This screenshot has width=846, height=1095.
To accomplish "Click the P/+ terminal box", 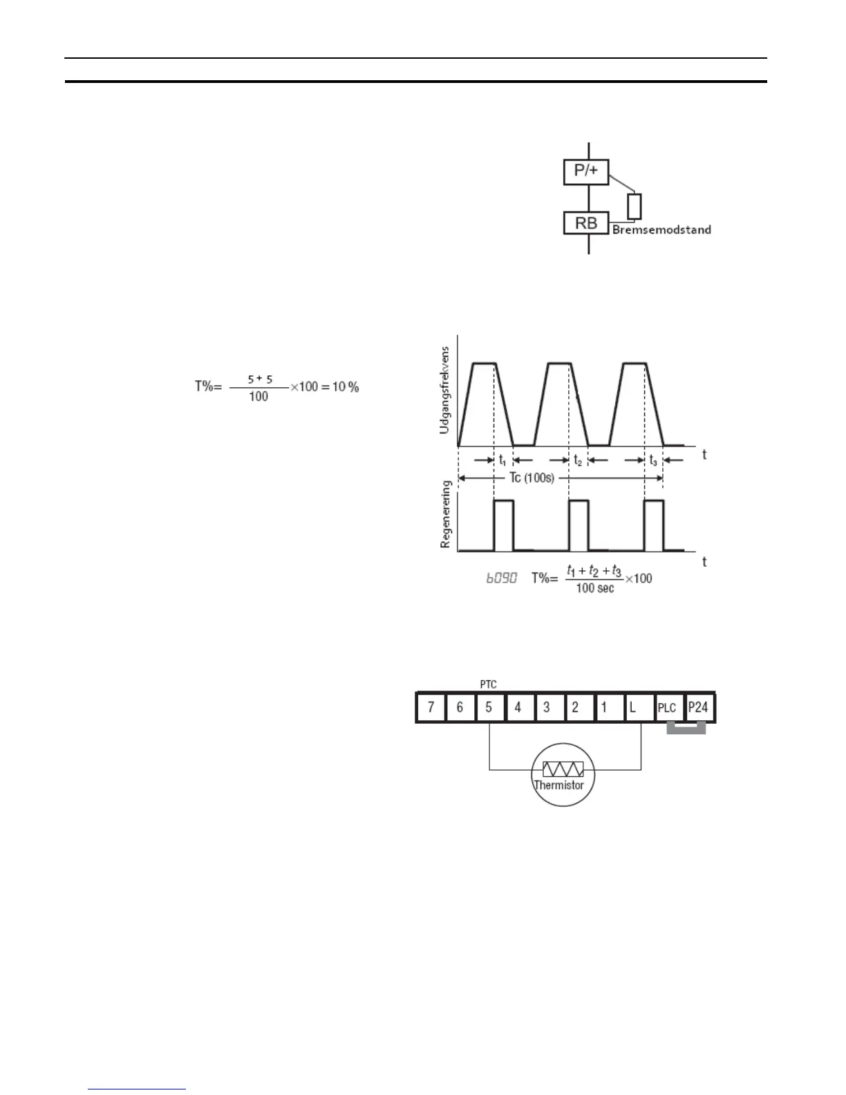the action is (586, 170).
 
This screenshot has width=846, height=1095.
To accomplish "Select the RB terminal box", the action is (586, 223).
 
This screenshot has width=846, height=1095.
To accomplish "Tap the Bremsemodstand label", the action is (661, 230).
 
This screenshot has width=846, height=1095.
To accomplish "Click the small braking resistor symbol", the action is (634, 207).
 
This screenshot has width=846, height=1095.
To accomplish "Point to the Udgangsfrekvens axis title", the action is (444, 390).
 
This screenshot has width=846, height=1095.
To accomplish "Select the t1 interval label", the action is (502, 460).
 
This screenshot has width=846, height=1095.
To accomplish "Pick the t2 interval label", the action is (578, 460).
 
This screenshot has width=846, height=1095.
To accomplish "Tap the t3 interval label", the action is (653, 460).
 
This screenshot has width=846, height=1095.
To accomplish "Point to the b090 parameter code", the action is (501, 578).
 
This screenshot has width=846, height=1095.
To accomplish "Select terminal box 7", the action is (431, 708).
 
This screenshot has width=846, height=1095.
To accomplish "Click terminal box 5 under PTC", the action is (489, 708).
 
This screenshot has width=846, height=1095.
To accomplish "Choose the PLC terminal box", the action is (667, 708).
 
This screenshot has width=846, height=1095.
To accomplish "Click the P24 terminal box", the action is (698, 708).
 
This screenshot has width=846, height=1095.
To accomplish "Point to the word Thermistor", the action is (558, 785).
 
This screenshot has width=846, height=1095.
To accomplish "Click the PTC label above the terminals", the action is (489, 684).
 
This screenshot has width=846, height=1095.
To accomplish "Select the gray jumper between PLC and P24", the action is (686, 729).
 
